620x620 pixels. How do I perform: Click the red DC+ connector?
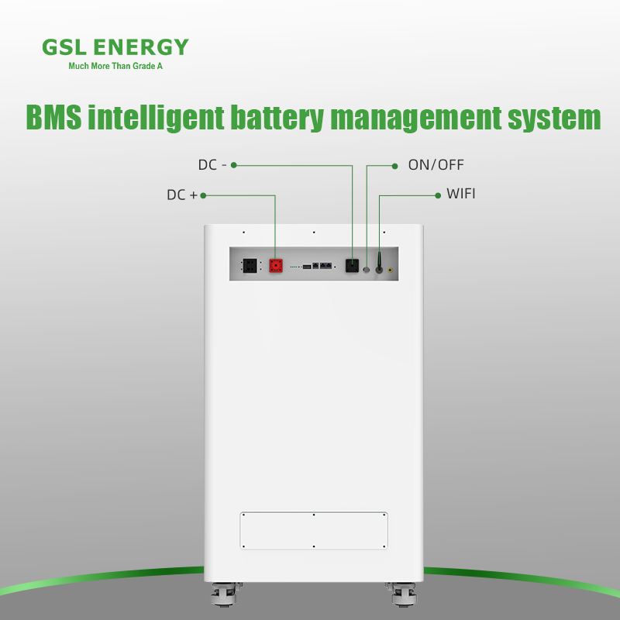(276, 265)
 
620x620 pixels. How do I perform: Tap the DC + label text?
(182, 195)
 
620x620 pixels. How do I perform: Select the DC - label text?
(211, 165)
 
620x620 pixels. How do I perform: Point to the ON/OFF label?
(436, 165)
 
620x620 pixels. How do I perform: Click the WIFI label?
(460, 194)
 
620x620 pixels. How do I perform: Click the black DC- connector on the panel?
(352, 265)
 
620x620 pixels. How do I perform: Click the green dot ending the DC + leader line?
(203, 195)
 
